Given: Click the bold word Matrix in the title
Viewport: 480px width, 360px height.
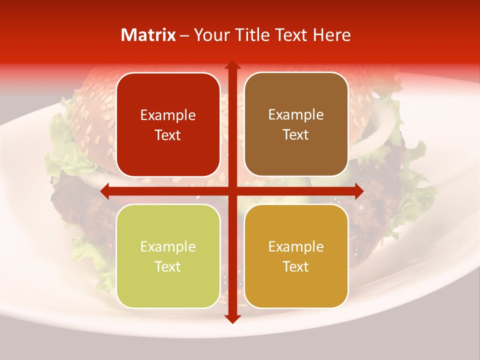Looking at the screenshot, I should (x=148, y=35).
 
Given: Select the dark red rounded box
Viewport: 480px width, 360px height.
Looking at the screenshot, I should (x=168, y=125).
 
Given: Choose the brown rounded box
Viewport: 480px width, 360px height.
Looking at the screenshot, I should (x=296, y=124).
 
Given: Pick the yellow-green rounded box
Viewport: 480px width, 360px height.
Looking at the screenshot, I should (x=168, y=256).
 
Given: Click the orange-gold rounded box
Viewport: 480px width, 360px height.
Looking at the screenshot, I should (x=296, y=256).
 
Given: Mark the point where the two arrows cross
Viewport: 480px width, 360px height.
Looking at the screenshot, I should (x=232, y=191).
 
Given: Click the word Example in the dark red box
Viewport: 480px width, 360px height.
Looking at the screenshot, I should (x=168, y=115).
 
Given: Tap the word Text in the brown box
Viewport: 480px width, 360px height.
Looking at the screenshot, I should (x=296, y=135).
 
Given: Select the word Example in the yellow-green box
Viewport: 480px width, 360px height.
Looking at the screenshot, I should (x=168, y=247).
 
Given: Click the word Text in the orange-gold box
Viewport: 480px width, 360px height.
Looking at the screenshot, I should (x=296, y=266).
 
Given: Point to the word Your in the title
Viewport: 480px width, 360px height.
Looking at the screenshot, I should (x=209, y=35).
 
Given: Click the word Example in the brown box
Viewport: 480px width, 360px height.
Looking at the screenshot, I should (x=296, y=115).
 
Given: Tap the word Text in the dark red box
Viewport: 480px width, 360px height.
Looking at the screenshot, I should (x=168, y=135).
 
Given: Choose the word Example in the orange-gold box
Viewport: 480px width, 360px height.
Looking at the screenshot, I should (x=296, y=247).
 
